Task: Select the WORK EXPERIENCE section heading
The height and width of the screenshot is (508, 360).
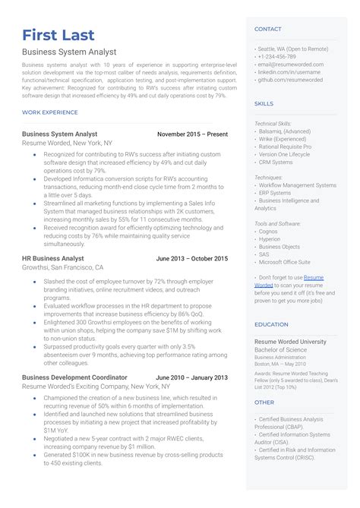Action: tap(50, 112)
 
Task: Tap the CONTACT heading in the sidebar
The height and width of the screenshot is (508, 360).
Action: tap(268, 29)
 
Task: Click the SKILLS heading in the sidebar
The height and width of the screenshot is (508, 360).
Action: tap(264, 103)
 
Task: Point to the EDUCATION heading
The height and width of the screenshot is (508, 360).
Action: tap(271, 324)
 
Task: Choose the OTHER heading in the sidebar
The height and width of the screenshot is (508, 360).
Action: tap(264, 402)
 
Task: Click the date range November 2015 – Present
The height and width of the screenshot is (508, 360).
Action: tap(192, 134)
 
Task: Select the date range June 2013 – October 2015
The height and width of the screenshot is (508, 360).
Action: tap(191, 259)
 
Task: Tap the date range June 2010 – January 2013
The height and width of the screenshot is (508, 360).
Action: tap(191, 377)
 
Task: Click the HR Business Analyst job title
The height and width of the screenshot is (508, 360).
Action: tap(53, 259)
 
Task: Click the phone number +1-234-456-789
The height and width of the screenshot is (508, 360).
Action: tap(277, 57)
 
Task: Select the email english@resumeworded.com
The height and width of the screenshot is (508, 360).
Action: tap(291, 65)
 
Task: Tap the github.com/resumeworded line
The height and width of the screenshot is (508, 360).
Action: tap(290, 79)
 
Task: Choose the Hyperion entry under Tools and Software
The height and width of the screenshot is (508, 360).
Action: tap(270, 239)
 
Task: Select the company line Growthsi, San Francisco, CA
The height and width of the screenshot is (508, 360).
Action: tap(62, 268)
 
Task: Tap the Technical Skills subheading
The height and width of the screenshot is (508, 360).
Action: tap(273, 123)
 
